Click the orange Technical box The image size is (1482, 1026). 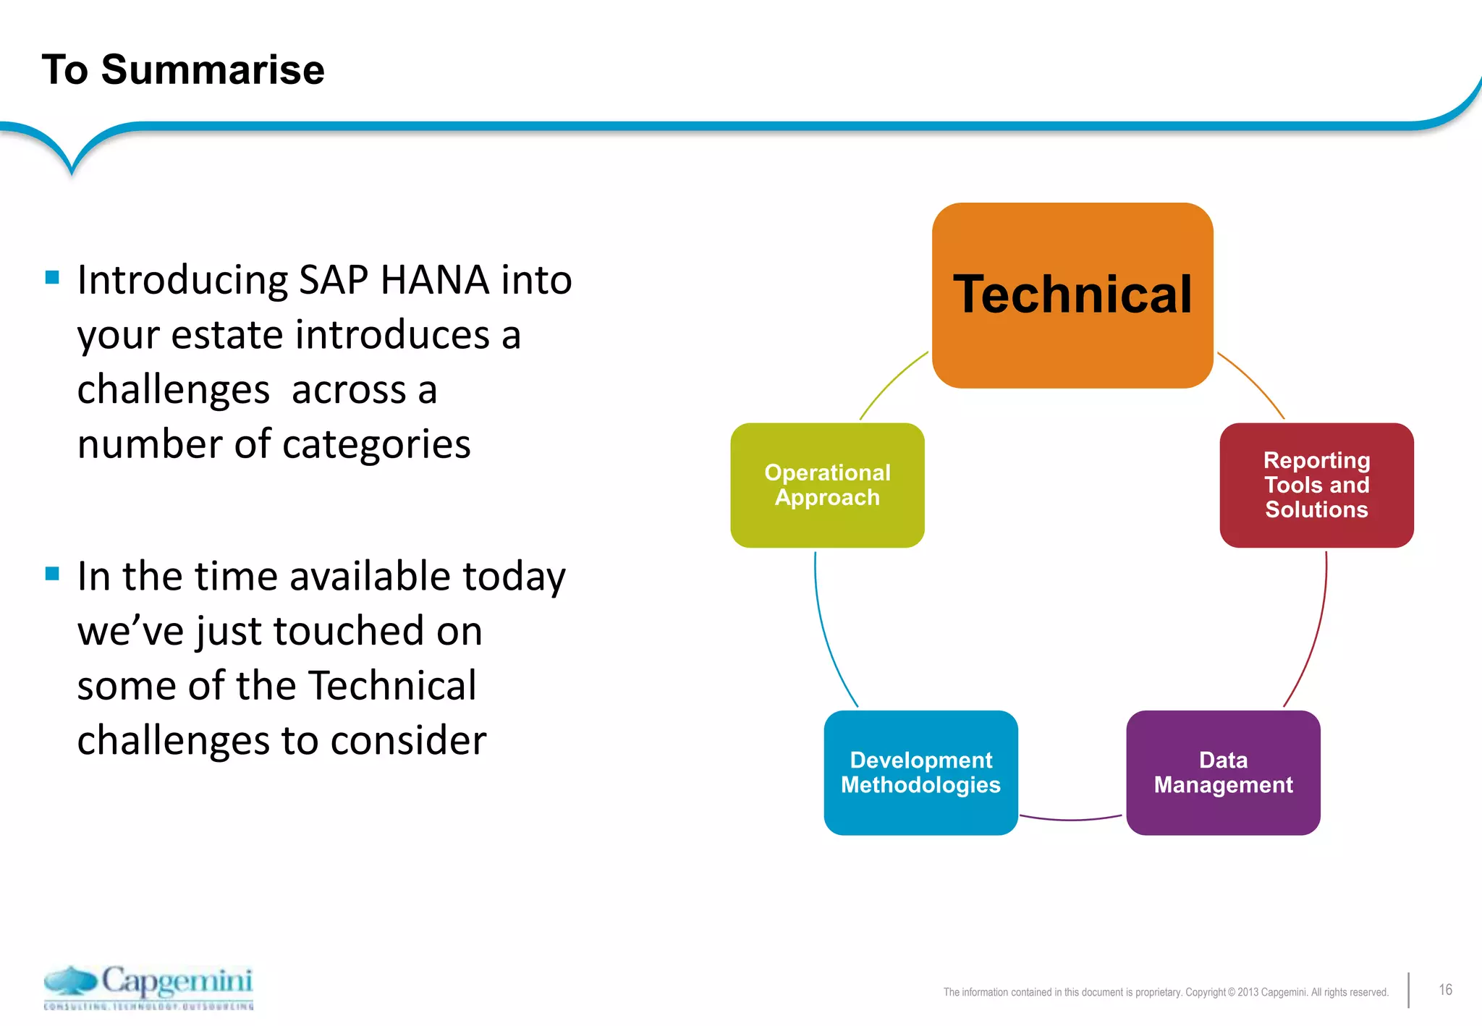pos(1072,295)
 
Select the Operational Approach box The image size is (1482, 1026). pos(827,486)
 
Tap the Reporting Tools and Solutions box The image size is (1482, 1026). pos(1316,486)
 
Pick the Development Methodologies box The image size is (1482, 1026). pos(920,773)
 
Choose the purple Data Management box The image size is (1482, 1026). pos(1223,773)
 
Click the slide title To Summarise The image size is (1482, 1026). pos(183,69)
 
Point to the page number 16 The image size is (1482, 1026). pos(1445,989)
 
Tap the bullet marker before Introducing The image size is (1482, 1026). pos(52,277)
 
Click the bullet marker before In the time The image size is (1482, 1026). pos(52,574)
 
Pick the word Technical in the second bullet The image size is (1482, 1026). pos(392,685)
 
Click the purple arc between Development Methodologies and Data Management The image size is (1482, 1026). pos(1071,819)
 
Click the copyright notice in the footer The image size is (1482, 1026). pos(1165,992)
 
